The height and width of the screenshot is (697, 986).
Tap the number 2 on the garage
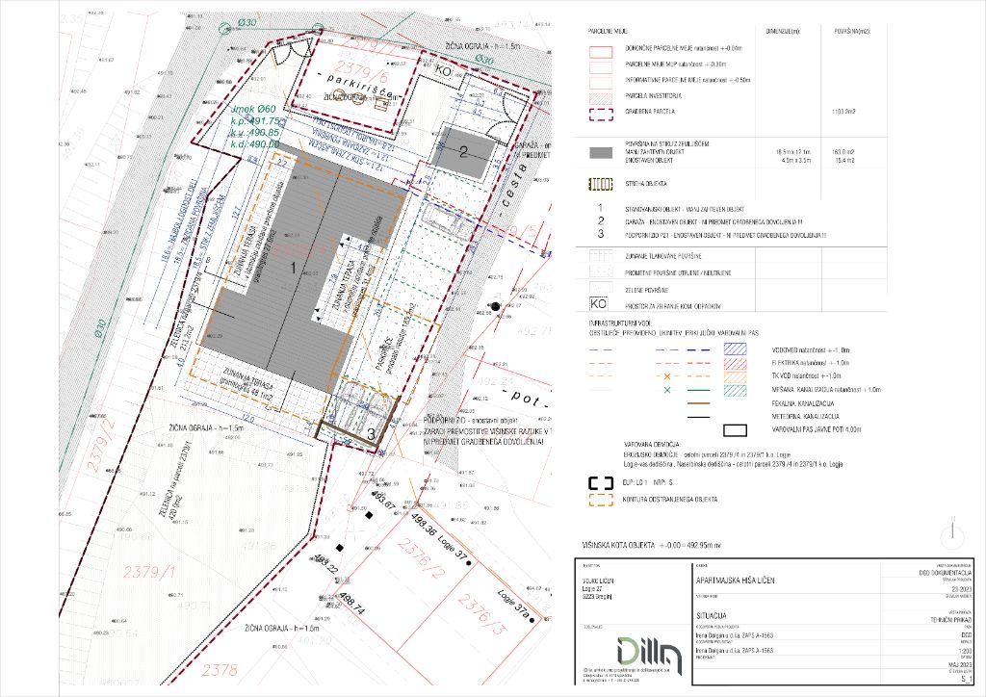(462, 151)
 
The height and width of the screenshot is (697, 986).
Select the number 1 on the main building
(294, 271)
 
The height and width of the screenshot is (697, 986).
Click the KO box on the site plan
(445, 71)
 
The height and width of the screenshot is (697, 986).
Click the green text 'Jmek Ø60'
(254, 110)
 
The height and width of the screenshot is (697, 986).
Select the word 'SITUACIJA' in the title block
(714, 613)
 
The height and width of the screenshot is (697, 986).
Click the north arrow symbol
(951, 531)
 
